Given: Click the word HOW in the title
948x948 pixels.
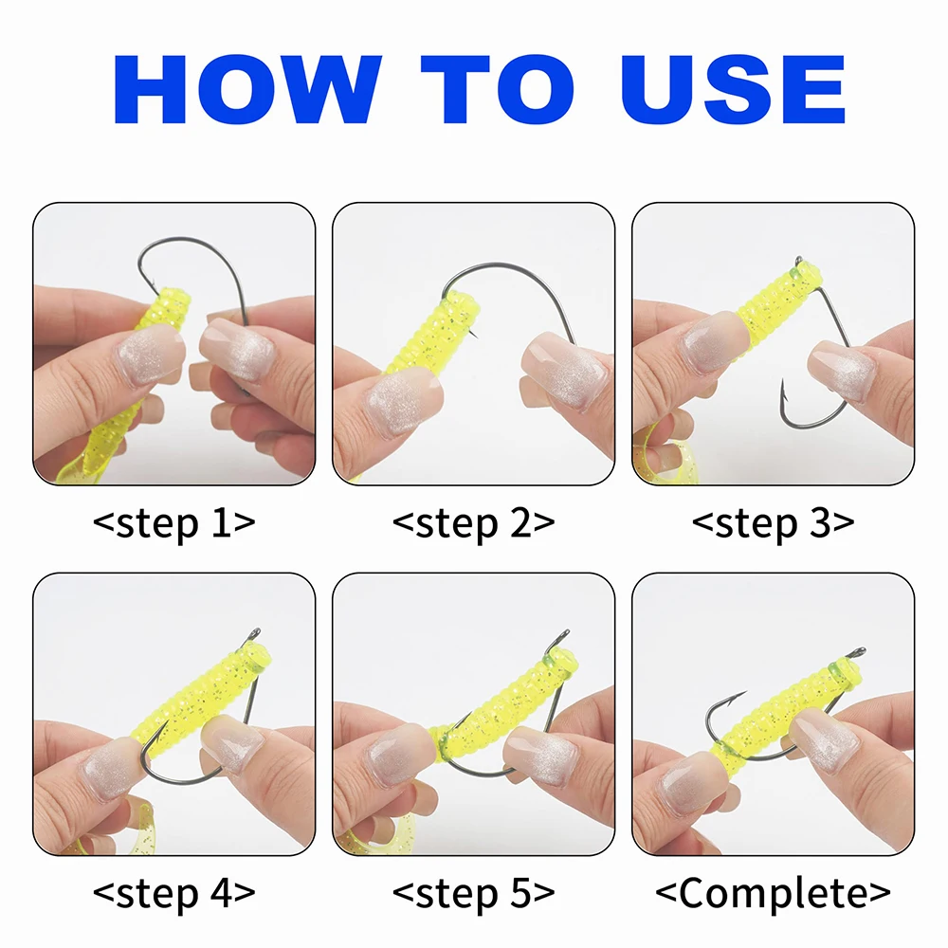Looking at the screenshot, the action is pos(247,89).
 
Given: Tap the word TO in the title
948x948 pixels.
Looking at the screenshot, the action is pos(497,89).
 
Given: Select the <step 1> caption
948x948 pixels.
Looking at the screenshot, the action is pos(174,523).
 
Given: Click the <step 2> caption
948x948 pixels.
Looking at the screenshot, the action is pos(473,523).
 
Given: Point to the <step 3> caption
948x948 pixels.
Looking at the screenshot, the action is pos(774,523).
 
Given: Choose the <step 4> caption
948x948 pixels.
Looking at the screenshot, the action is pos(174,893).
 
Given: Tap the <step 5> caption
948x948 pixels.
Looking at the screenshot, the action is pos(473,893).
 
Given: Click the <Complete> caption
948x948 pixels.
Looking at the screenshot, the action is pos(774,893).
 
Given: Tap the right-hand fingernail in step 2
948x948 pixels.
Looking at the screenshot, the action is pos(562,372).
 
